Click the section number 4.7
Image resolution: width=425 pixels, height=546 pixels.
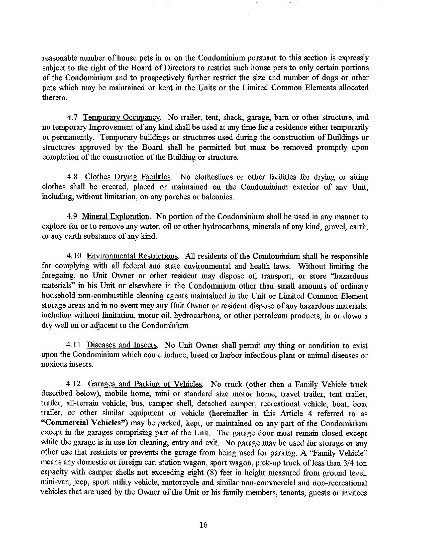point(72,117)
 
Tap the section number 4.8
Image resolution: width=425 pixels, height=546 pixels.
point(72,177)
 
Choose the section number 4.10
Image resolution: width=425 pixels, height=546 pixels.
point(74,256)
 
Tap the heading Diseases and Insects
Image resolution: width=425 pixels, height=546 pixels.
point(122,345)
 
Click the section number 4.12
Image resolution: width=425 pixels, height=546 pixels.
point(74,384)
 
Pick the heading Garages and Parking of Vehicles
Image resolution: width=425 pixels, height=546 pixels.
point(145,384)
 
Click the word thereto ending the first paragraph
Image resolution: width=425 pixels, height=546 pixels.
point(54,98)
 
